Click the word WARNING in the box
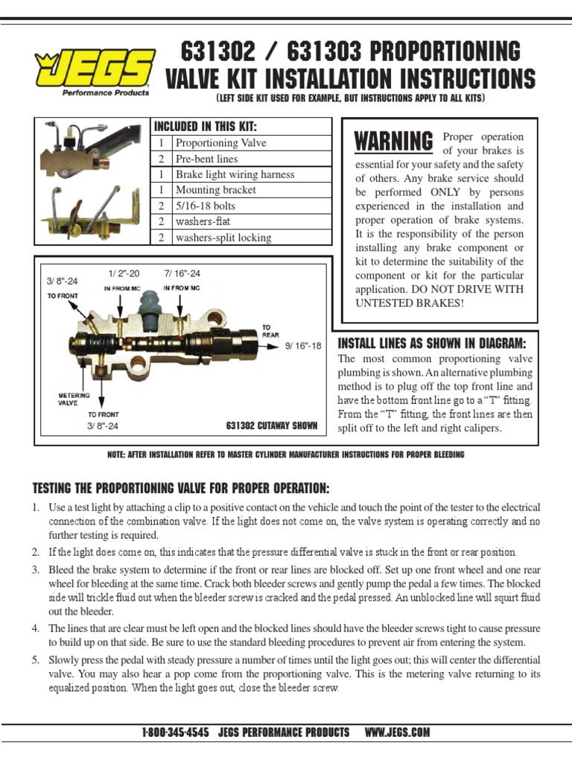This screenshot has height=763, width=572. coord(393,141)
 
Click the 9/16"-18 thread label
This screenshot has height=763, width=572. coord(303,346)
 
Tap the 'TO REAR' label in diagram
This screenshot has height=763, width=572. coord(270,331)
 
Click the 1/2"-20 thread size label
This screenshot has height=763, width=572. coord(124,273)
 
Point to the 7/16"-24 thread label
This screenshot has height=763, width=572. coord(182,273)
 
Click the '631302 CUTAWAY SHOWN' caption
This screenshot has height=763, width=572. coord(271,426)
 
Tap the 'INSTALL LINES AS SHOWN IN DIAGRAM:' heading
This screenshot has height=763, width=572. coord(432,343)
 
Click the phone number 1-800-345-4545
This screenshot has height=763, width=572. coord(176,732)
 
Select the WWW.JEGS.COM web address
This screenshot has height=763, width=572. coord(397,732)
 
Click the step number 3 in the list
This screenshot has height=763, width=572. coord(35,570)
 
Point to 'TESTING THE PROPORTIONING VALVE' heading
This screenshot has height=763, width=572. coord(180,488)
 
